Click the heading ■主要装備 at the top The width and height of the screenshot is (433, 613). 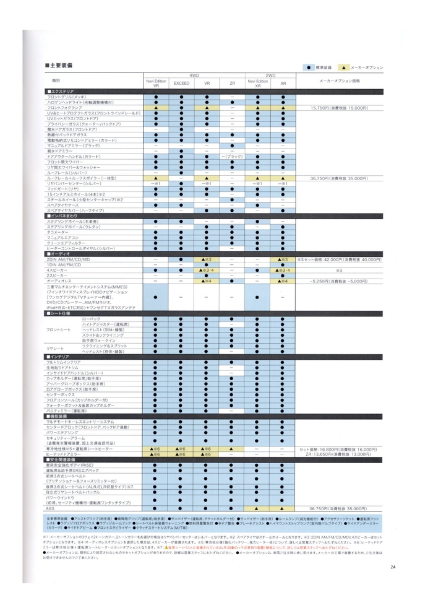59,65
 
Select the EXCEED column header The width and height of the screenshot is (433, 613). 181,84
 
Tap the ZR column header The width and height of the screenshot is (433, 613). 232,84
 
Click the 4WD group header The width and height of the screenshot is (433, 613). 194,75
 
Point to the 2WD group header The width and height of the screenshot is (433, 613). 270,75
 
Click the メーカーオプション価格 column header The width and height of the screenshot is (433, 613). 339,81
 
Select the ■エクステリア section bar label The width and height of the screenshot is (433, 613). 61,92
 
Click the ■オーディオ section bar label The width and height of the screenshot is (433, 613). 59,254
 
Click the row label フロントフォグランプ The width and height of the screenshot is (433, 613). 64,108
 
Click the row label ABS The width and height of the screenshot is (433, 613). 51,508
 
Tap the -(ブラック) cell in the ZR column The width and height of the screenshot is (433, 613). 232,157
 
